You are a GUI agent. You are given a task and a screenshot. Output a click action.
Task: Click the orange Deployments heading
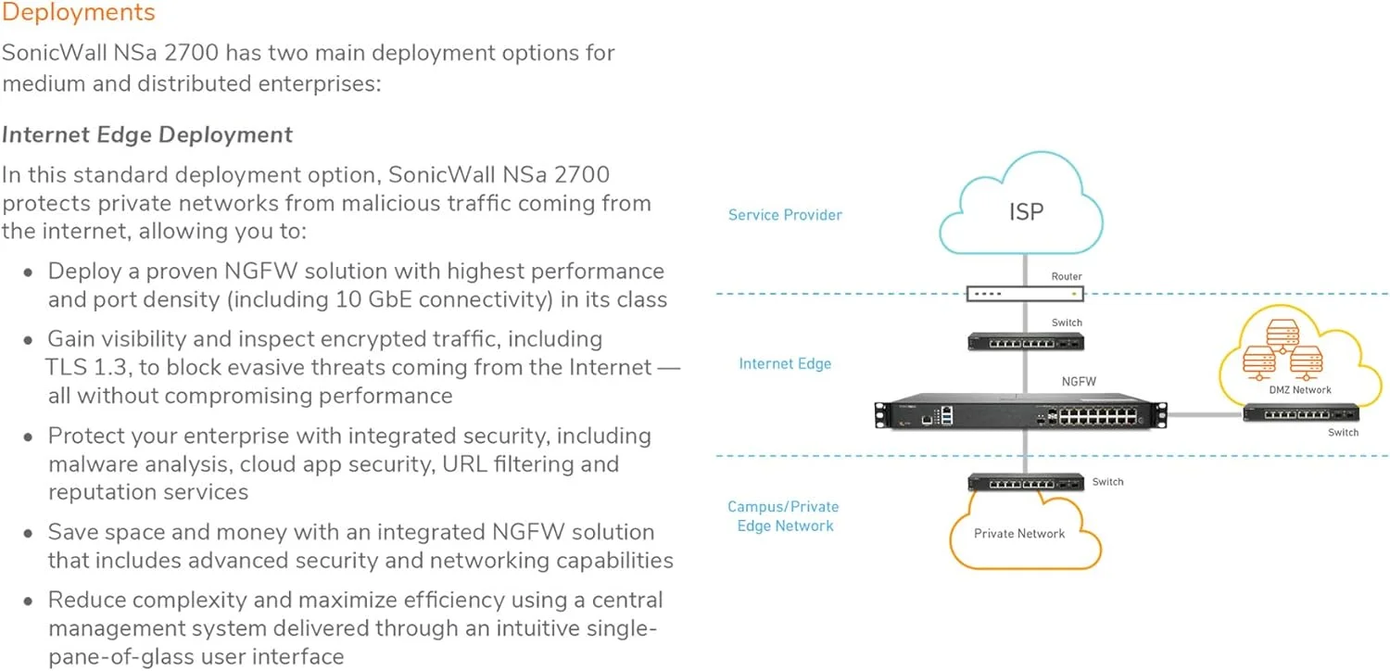coord(79,13)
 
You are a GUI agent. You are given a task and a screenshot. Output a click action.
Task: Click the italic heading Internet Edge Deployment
coord(147,135)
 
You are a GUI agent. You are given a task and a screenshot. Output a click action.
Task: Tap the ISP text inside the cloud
coord(1026,211)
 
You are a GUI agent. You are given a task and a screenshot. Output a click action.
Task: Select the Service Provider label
coord(785,215)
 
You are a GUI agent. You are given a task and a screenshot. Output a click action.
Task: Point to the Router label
coord(1067,276)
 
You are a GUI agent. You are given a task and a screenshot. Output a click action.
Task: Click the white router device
coord(1024,294)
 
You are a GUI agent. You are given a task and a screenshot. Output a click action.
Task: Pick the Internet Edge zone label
coord(785,363)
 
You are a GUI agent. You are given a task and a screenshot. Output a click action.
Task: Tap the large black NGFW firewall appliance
coord(1020,413)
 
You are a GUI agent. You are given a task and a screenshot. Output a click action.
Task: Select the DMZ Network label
coord(1299,390)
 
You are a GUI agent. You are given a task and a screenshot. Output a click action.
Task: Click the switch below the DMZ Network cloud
coord(1301,412)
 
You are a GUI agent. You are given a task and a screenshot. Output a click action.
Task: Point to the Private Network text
coord(1019,534)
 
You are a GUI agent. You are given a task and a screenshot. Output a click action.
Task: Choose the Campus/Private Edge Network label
coord(783,516)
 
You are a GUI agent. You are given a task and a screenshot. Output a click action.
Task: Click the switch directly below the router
coord(1026,341)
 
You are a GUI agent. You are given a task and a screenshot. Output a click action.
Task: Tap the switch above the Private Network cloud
coord(1026,482)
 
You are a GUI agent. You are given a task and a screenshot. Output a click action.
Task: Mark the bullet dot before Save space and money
coord(29,534)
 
